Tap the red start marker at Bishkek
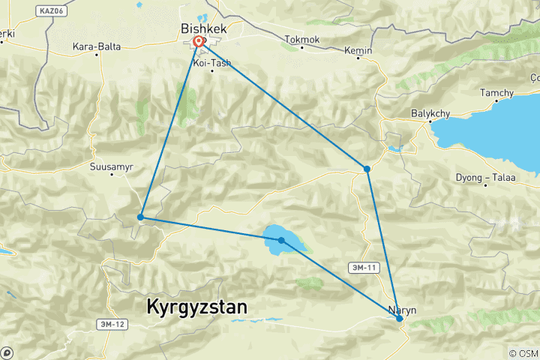click(x=199, y=42)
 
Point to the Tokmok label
click(x=301, y=38)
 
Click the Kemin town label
click(x=358, y=49)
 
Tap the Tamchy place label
click(x=497, y=93)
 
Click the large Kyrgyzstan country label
click(x=196, y=307)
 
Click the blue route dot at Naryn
click(x=400, y=319)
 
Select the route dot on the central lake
click(x=281, y=240)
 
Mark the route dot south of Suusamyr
click(x=140, y=217)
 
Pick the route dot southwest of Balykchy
click(x=367, y=169)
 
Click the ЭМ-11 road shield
click(x=362, y=267)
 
